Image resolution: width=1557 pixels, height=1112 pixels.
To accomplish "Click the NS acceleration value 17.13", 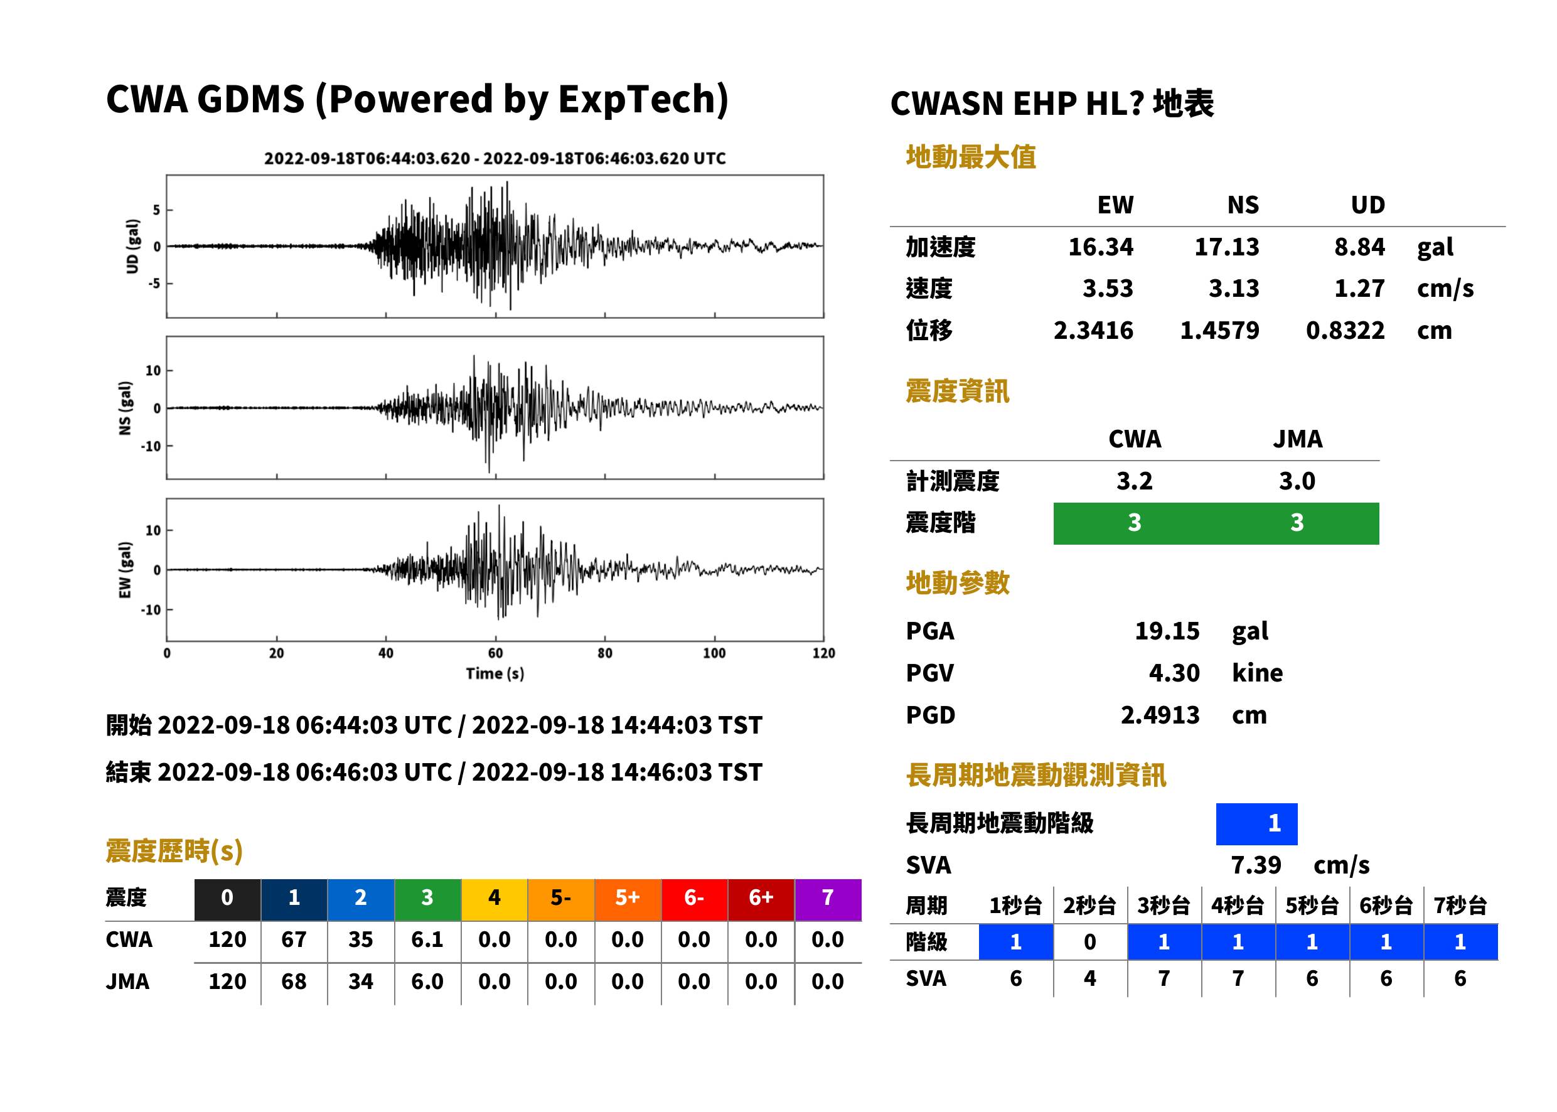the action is click(x=1226, y=247).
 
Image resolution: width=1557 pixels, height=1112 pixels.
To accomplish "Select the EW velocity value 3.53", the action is click(x=1107, y=288).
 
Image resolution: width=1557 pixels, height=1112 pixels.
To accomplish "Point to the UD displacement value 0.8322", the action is click(x=1345, y=331).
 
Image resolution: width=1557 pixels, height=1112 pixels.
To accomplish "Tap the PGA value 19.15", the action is click(x=1167, y=631).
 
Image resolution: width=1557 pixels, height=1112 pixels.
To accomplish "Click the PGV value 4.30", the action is click(x=1174, y=673).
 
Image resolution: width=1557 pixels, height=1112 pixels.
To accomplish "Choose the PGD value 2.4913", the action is click(x=1160, y=715).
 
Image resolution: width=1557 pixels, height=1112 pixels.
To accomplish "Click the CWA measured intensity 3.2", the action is click(x=1135, y=481).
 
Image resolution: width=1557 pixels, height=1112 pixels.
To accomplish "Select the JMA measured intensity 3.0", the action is click(x=1297, y=481).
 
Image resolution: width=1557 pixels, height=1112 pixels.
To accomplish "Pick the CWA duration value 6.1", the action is click(x=427, y=939).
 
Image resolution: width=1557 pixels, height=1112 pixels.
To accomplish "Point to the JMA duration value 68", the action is click(x=294, y=981).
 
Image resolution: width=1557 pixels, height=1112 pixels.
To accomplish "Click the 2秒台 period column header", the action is click(x=1089, y=905).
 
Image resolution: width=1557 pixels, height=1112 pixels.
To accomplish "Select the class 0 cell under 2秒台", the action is click(x=1090, y=942).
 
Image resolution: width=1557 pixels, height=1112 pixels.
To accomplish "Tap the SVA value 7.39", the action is click(x=1256, y=865).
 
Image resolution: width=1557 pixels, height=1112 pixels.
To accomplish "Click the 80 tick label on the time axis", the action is click(x=604, y=653).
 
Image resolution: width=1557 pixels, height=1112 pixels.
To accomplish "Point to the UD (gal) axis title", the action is click(x=132, y=246).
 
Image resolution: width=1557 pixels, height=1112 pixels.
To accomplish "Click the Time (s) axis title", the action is click(x=495, y=674).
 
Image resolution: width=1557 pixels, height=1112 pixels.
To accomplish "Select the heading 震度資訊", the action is click(x=957, y=391).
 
